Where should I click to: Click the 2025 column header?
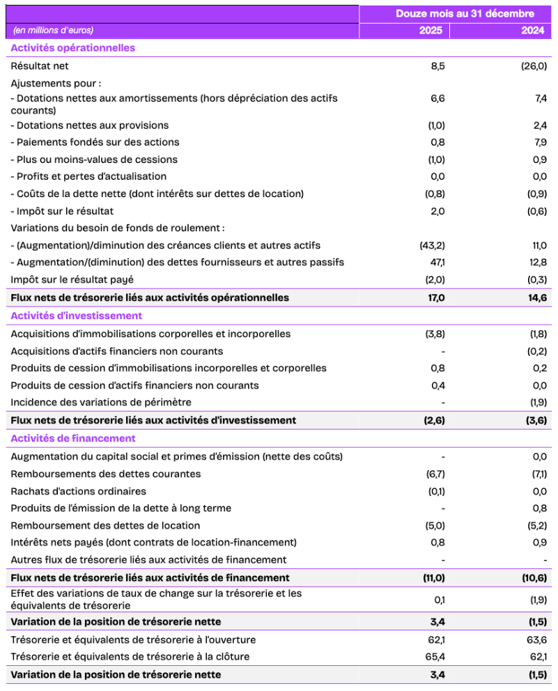(430, 31)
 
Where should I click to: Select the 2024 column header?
(532, 31)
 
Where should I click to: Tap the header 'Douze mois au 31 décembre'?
(465, 13)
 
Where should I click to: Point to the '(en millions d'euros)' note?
(53, 31)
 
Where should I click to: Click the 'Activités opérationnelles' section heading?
(73, 48)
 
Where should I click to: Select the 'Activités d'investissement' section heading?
(77, 316)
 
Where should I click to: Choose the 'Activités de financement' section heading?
(73, 438)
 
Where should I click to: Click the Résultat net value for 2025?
(437, 66)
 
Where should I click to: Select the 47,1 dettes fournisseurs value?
(436, 262)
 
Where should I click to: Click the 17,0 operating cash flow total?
(435, 297)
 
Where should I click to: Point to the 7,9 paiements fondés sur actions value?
(540, 142)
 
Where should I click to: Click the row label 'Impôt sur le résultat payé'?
(72, 279)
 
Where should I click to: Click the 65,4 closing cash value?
(435, 656)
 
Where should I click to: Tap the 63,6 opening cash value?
(537, 639)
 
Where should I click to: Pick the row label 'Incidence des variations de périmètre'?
(101, 402)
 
